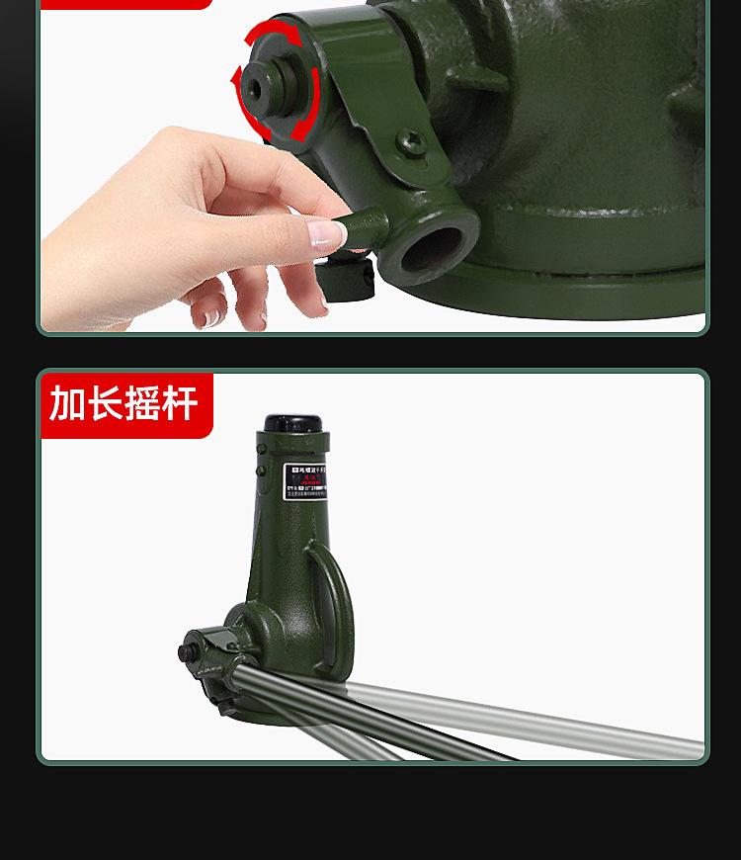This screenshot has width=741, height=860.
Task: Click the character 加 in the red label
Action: tap(66, 403)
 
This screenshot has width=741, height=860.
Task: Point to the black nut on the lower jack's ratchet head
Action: tap(185, 653)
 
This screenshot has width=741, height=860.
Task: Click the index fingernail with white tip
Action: tap(327, 234)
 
